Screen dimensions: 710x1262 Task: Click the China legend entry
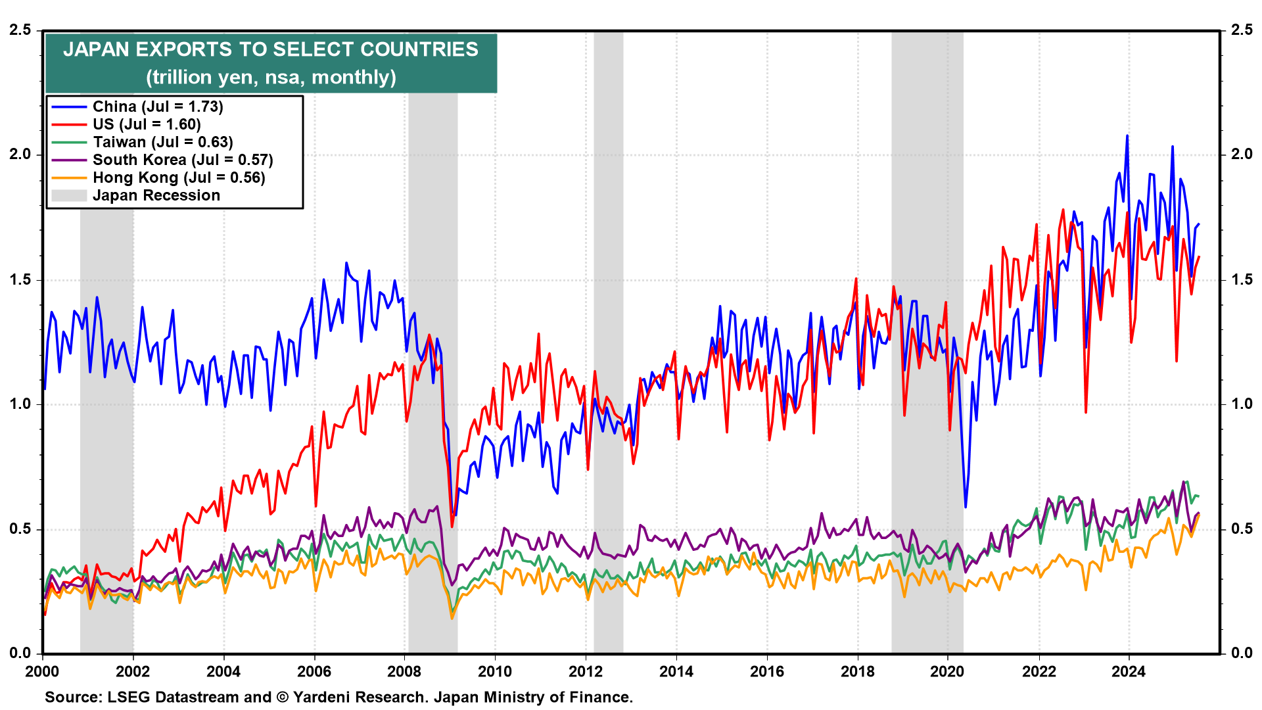click(158, 106)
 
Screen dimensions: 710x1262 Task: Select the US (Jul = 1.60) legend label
click(147, 124)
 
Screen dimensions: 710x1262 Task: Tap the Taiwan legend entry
click(162, 142)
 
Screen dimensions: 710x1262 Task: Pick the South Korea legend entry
click(183, 160)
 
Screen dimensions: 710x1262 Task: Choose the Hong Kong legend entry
click(179, 177)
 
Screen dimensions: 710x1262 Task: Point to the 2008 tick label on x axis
click(404, 671)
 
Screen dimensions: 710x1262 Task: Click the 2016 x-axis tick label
click(767, 671)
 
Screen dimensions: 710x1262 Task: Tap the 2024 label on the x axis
click(1129, 671)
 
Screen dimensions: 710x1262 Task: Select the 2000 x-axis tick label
click(42, 671)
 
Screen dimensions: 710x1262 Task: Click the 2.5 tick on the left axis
click(20, 30)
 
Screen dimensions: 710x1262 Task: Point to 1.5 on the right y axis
click(1242, 279)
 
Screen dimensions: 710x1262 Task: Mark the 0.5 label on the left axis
click(20, 529)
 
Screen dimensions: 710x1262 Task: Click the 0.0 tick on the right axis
click(1242, 653)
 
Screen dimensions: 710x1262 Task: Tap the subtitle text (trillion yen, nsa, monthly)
click(271, 77)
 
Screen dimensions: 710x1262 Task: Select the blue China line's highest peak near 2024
click(1127, 136)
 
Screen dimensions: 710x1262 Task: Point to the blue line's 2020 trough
click(966, 507)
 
